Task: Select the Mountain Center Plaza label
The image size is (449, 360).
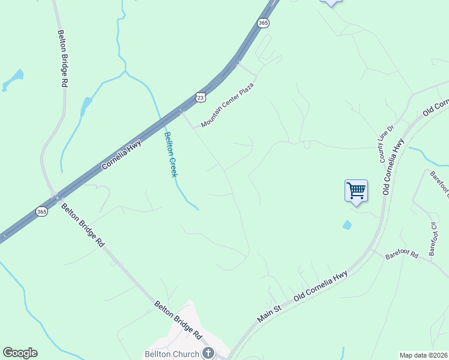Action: [x=228, y=106]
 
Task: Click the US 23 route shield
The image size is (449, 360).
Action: [x=200, y=97]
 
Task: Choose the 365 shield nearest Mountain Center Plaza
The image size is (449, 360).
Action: [x=263, y=23]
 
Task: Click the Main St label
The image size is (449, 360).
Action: [x=270, y=313]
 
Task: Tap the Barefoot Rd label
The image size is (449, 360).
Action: [x=402, y=255]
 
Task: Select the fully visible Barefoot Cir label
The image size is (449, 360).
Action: [x=433, y=238]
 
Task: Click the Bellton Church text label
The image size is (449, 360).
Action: [x=171, y=354]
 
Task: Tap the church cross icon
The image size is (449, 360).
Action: [x=208, y=353]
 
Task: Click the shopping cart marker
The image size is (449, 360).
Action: [x=356, y=191]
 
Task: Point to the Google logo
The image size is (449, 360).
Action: [x=20, y=353]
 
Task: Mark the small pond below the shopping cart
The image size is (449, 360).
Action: [x=348, y=225]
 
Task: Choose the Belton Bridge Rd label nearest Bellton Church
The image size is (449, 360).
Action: [x=178, y=319]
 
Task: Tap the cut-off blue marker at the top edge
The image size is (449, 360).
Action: [x=331, y=2]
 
